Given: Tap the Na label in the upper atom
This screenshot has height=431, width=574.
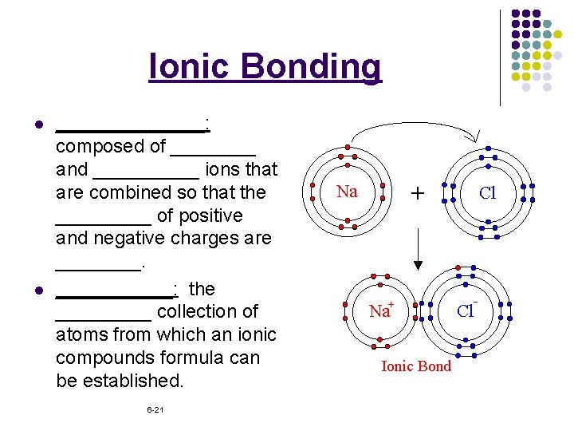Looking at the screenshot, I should [x=347, y=192].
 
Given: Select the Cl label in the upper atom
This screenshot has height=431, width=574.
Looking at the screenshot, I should [x=487, y=192].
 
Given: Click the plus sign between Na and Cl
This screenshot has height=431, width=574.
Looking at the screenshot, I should [x=416, y=192].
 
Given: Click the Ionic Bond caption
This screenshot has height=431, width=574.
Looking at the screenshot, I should [x=416, y=366].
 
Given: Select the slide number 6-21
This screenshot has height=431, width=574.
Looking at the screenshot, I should [x=155, y=409].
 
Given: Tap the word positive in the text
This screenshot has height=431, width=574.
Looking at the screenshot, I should [x=211, y=215].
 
